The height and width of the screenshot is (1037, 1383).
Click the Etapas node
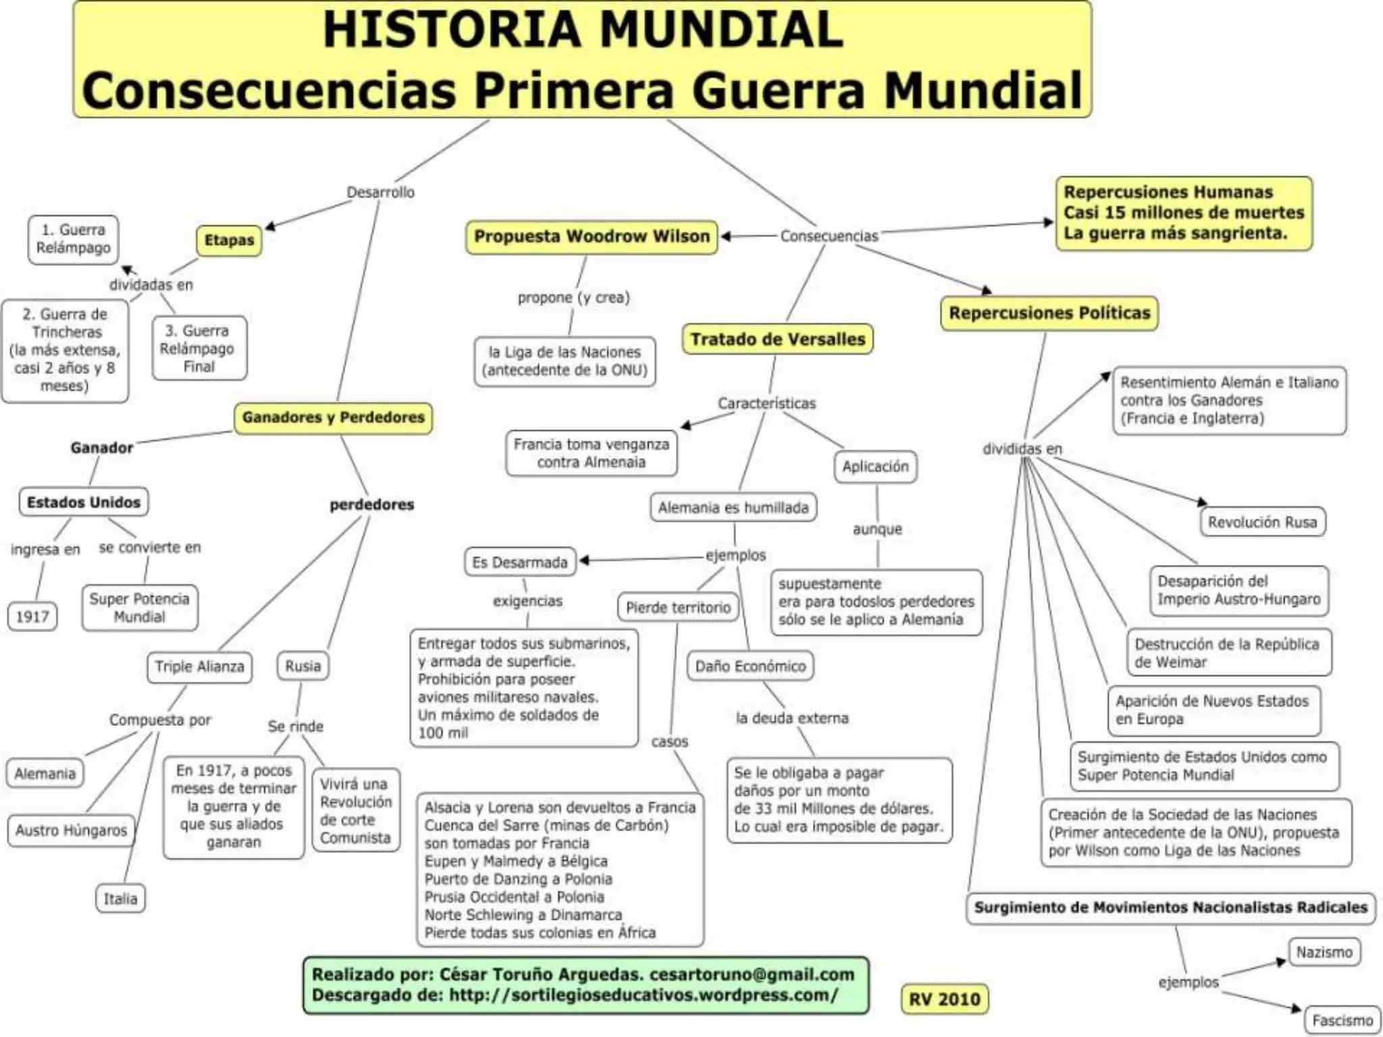click(x=229, y=240)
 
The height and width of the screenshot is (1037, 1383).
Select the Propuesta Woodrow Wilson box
click(x=592, y=237)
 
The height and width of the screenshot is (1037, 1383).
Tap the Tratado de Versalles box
click(x=777, y=339)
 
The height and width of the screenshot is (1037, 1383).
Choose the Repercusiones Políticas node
click(x=1049, y=313)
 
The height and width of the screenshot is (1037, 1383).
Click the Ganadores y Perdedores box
click(x=333, y=417)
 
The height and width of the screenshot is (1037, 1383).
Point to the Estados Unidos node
click(x=84, y=502)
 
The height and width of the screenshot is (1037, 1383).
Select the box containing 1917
click(x=32, y=616)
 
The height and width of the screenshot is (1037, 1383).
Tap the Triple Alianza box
click(x=199, y=667)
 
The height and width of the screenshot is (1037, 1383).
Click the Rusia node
click(x=303, y=666)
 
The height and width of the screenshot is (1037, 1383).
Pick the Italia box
click(x=120, y=899)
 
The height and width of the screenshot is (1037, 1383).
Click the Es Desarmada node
click(x=520, y=562)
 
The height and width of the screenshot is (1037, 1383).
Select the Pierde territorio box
click(x=678, y=608)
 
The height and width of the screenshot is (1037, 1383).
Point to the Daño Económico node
click(x=750, y=666)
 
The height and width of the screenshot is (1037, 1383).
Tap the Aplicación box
click(x=875, y=467)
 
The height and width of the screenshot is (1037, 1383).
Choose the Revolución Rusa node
click(x=1262, y=523)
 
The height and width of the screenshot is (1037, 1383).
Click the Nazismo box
click(x=1324, y=953)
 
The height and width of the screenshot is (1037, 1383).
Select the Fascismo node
click(x=1342, y=1020)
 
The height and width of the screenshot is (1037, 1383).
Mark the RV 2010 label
click(x=944, y=999)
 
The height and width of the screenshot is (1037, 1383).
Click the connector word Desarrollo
click(x=381, y=192)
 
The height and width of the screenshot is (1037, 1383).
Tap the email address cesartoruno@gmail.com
click(x=752, y=974)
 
